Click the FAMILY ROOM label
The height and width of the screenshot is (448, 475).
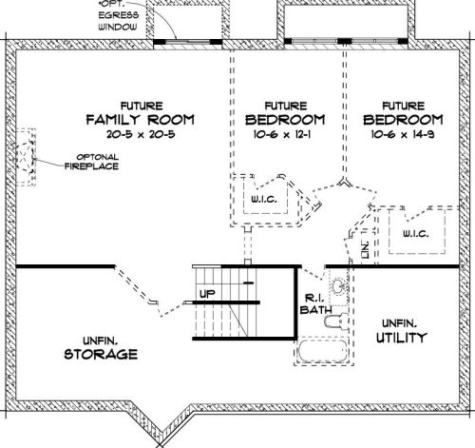point(140,120)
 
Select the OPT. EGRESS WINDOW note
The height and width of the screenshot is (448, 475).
point(120,18)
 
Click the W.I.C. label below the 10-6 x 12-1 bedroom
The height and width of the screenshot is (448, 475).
point(262,202)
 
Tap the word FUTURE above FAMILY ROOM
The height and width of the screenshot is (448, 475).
point(140,105)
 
